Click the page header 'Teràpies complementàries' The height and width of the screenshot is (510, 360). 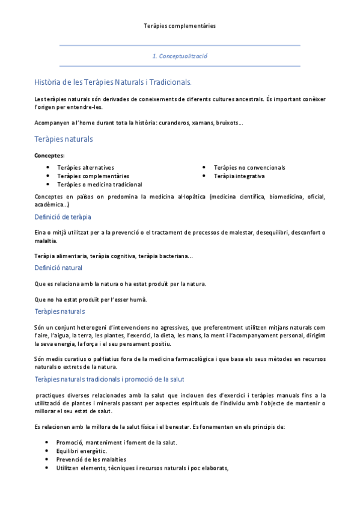pyautogui.click(x=180, y=26)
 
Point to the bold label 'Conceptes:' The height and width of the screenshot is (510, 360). pyautogui.click(x=50, y=156)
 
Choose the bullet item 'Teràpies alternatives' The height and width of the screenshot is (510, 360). pyautogui.click(x=85, y=167)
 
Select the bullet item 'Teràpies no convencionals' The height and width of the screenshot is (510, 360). pyautogui.click(x=249, y=167)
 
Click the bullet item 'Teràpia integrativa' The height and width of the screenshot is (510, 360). pyautogui.click(x=239, y=176)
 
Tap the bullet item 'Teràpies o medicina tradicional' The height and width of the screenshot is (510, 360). pyautogui.click(x=99, y=185)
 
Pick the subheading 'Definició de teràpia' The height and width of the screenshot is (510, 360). pyautogui.click(x=63, y=217)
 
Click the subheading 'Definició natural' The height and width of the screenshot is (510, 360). pyautogui.click(x=58, y=268)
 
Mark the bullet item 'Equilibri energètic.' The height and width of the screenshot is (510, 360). pyautogui.click(x=82, y=451)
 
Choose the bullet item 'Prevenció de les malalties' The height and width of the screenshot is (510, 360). pyautogui.click(x=91, y=459)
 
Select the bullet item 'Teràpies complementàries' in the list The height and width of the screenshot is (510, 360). pyautogui.click(x=93, y=176)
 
